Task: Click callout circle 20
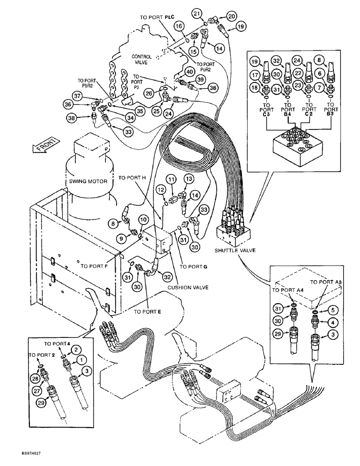pyautogui.click(x=231, y=16)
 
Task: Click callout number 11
pyautogui.click(x=173, y=179)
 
